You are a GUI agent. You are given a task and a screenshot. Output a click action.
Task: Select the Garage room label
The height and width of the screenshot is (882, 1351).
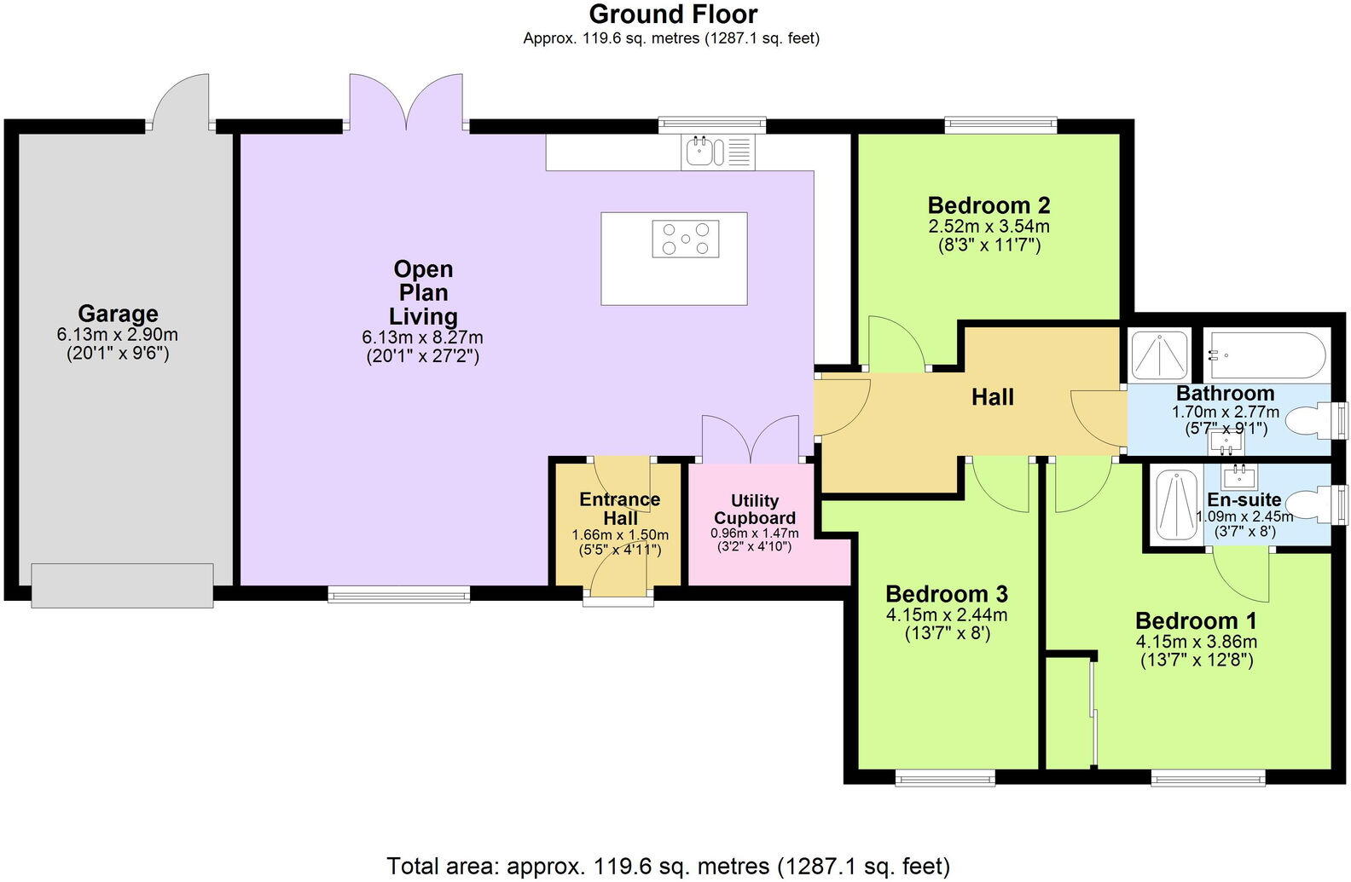coord(118,314)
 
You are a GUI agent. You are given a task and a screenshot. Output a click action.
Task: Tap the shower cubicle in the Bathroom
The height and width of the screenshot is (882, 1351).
coord(1158,355)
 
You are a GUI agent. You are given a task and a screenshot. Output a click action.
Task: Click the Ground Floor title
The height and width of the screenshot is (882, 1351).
coord(673,14)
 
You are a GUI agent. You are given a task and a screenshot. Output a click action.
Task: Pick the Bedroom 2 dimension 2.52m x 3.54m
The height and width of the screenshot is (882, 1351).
coord(989,227)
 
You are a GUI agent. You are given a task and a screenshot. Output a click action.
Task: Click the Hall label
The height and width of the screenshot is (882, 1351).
coord(993,397)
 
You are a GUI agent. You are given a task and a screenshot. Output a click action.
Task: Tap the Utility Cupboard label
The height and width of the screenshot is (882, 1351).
coord(755,510)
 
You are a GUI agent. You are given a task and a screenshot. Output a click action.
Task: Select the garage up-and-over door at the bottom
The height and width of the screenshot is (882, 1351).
coord(122,585)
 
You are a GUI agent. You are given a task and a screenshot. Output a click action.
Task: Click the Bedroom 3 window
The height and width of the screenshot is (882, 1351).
coord(945,776)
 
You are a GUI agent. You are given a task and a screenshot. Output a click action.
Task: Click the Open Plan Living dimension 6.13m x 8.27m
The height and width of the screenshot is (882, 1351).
coord(422,337)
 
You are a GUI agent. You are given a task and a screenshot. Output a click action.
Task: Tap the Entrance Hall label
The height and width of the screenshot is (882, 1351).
coord(620,509)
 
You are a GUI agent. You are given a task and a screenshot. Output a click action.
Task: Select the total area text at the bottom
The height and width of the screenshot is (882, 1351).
coord(668,867)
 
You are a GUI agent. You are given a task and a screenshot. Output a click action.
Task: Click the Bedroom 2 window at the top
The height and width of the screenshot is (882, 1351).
coord(1001,126)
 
